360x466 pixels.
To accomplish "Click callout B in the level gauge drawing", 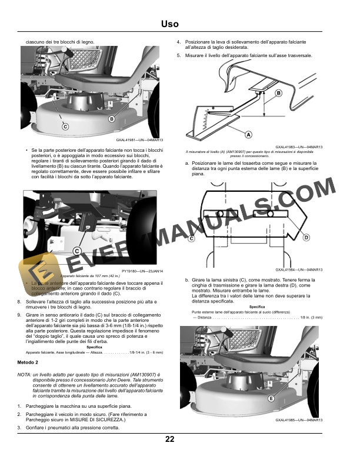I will pos(278,93).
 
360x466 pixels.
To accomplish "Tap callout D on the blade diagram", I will pos(306,237).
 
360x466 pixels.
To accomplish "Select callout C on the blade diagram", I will pos(192,238).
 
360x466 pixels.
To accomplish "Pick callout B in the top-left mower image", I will pos(111,119).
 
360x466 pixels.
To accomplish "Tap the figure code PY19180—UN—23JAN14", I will pos(142,271).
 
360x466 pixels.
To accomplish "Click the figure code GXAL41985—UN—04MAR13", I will pos(299,420).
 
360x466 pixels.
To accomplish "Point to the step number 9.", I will pos(20,316).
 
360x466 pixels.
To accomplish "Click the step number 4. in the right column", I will pos(179,42).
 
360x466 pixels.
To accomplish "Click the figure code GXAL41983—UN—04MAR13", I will pos(299,147).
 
